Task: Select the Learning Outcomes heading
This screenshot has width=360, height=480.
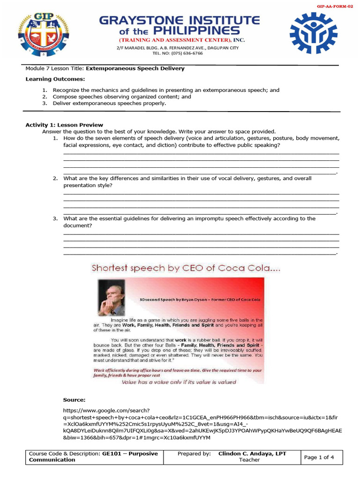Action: [x=55, y=79]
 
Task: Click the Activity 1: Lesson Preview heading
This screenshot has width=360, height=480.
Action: [x=64, y=125]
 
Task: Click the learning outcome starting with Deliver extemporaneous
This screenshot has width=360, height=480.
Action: [x=109, y=103]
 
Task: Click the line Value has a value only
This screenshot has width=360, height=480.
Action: [x=179, y=382]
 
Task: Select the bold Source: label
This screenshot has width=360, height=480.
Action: [x=74, y=400]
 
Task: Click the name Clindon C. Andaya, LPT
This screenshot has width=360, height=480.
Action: [x=252, y=454]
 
